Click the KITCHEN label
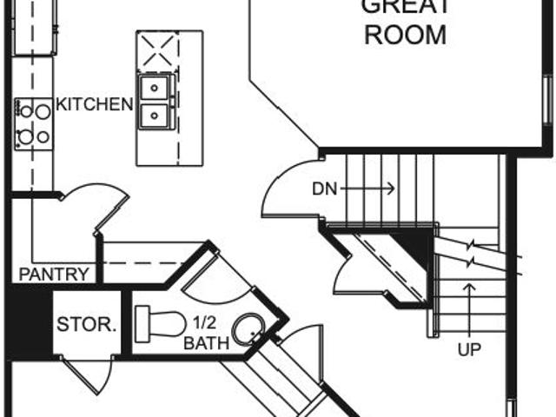pyautogui.click(x=96, y=105)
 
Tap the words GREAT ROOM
pyautogui.click(x=405, y=21)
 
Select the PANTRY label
pyautogui.click(x=55, y=275)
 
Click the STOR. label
pyautogui.click(x=86, y=326)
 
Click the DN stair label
pyautogui.click(x=324, y=189)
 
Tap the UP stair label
pyautogui.click(x=470, y=351)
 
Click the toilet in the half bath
pyautogui.click(x=161, y=323)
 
